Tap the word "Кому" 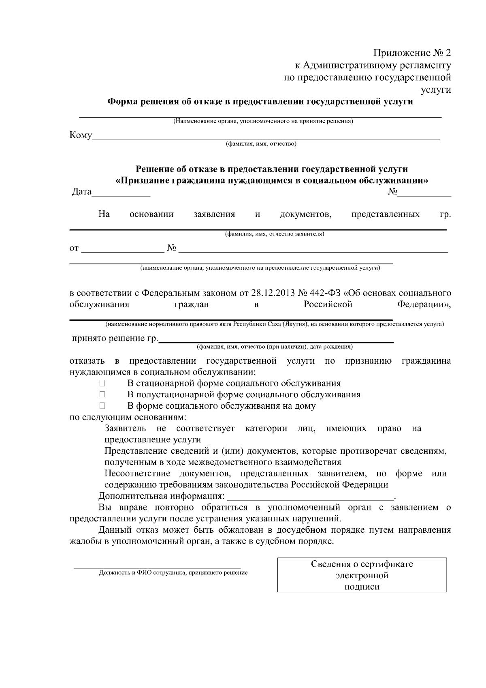(x=81, y=135)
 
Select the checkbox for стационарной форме (x=102, y=384)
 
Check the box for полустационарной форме (x=102, y=394)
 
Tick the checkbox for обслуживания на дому (x=102, y=406)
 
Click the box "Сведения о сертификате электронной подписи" (x=362, y=575)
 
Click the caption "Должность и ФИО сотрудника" (x=173, y=573)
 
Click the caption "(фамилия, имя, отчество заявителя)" (x=275, y=234)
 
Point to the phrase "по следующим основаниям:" (x=128, y=417)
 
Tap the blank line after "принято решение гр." (x=275, y=341)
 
